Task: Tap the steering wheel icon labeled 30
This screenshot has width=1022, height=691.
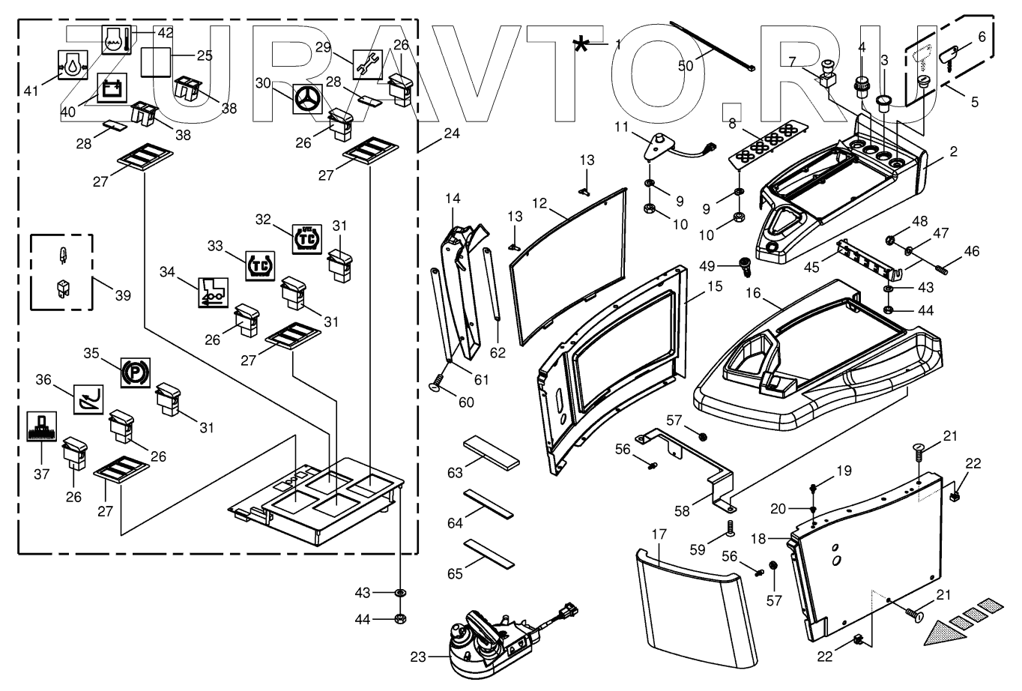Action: pos(307,99)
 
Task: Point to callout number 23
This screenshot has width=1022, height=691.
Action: pos(418,657)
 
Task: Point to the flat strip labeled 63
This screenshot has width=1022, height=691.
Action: pos(492,453)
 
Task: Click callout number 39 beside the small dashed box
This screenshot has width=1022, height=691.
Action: pos(123,295)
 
